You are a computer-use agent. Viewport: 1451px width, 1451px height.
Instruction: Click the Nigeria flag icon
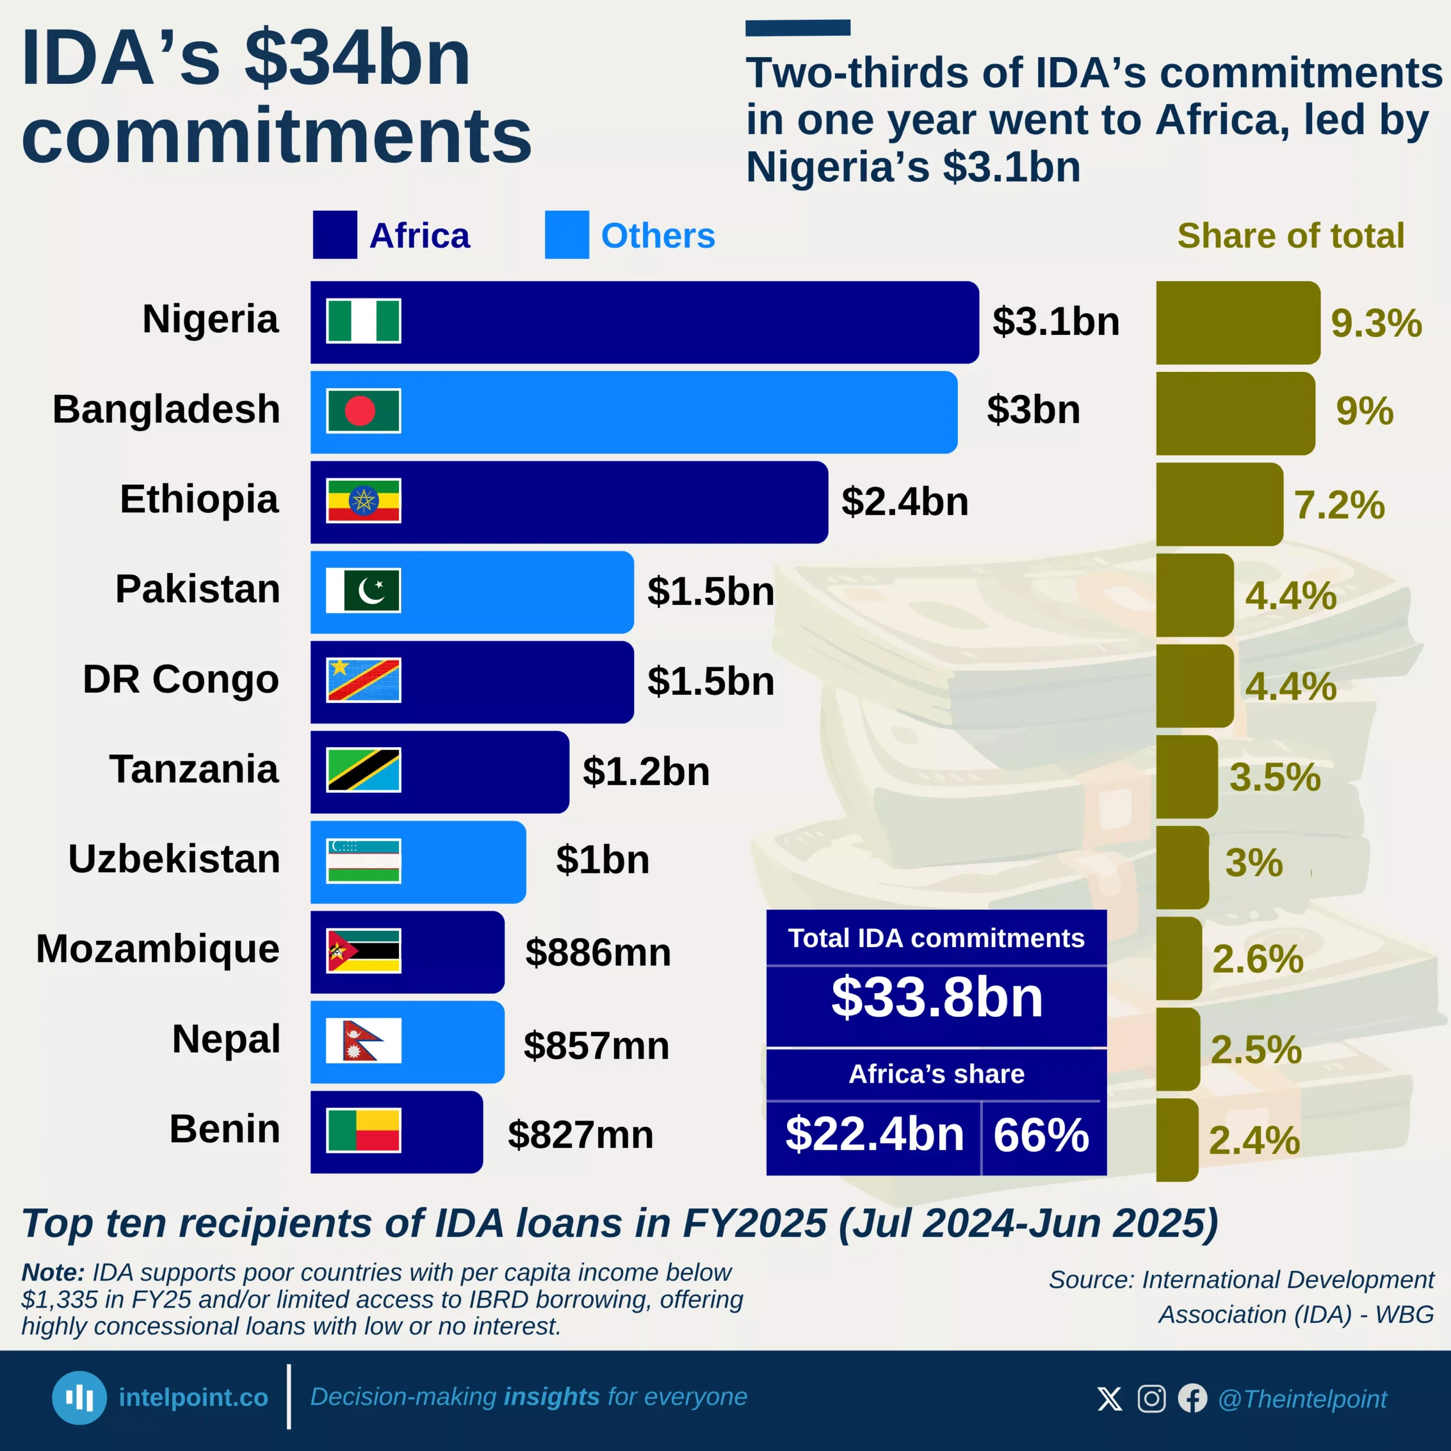tap(363, 321)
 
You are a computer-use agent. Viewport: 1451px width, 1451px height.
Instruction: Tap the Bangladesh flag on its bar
tap(363, 411)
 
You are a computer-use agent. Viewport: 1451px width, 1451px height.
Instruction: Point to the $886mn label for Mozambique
tap(598, 952)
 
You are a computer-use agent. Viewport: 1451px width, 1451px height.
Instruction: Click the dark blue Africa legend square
tap(335, 235)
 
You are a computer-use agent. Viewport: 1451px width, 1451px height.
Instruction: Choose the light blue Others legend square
tap(567, 235)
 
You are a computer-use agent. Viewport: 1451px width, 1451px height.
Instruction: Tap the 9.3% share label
tap(1376, 323)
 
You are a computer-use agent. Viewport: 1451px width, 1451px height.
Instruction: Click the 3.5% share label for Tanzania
tap(1275, 777)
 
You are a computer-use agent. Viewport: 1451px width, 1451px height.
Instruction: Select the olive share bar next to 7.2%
tap(1219, 504)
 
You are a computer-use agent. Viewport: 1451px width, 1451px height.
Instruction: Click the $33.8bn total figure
tap(936, 998)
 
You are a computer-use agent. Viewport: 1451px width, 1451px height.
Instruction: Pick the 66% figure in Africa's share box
tap(1041, 1134)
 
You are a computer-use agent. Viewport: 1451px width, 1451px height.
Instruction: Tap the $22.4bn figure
tap(874, 1134)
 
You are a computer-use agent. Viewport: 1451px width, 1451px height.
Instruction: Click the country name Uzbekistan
tap(174, 859)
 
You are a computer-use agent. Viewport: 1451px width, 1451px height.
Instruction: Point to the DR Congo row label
tap(181, 679)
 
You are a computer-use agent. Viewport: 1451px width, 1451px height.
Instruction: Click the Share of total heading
tap(1290, 236)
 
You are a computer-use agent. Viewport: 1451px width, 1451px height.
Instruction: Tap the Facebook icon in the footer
tap(1193, 1398)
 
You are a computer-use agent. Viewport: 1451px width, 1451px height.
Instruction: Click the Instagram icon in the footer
tap(1151, 1398)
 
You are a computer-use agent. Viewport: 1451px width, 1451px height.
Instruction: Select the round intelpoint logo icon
tap(79, 1398)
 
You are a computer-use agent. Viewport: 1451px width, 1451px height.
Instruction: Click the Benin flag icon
tap(363, 1130)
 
